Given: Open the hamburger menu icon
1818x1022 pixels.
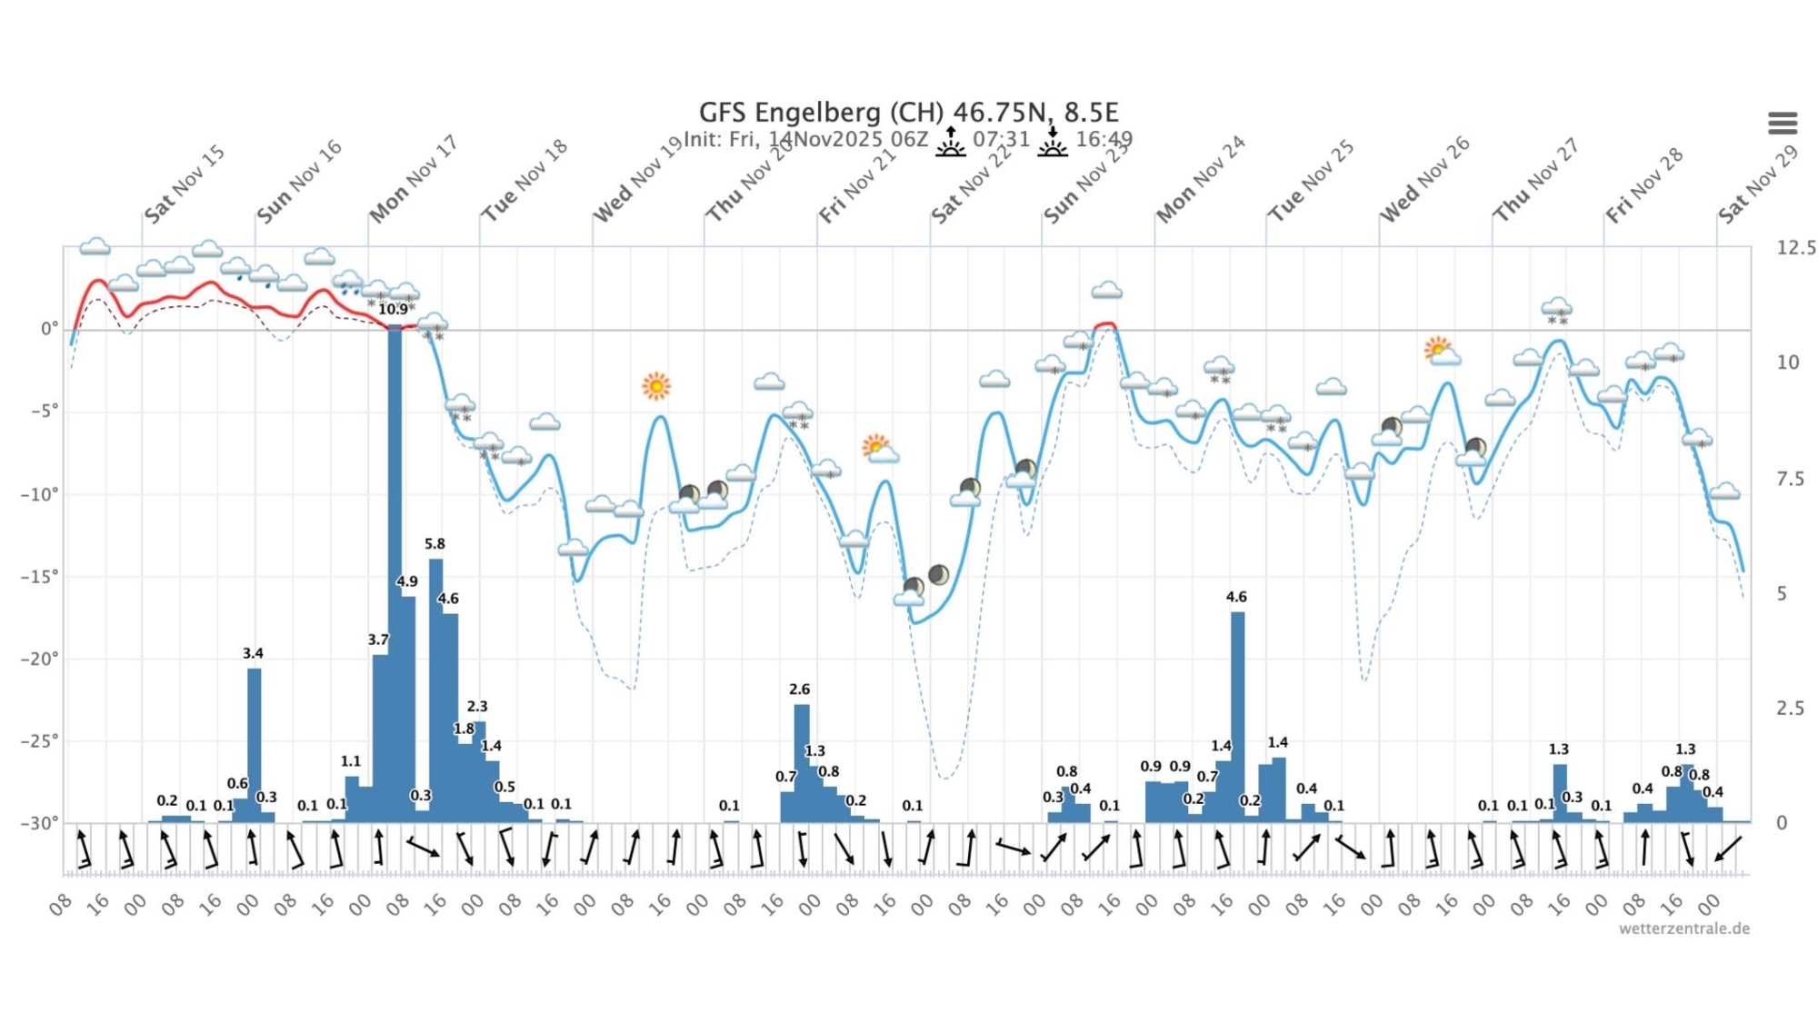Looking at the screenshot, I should coord(1782,123).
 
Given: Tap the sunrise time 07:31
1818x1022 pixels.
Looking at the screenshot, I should coord(1001,140).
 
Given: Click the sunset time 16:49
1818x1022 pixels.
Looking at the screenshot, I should coord(1104,140).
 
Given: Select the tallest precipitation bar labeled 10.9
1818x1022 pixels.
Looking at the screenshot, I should coord(395,572).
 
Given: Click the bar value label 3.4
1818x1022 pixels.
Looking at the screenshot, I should coord(253,653).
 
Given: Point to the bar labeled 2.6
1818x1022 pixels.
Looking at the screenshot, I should coord(801,763).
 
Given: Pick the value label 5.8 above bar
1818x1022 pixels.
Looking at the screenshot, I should coord(435,544).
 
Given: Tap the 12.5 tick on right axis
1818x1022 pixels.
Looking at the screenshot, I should coord(1795,248).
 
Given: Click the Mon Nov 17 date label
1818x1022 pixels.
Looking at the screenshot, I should coord(413,180).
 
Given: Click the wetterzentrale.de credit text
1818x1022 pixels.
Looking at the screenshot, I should coord(1683,928).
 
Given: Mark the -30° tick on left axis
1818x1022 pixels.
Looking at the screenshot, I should coord(40,823).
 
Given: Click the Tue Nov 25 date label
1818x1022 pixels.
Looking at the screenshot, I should coord(1310,182).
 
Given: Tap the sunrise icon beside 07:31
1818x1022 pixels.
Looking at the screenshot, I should coord(951,142).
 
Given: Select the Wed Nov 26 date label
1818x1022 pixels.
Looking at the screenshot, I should coord(1423,181).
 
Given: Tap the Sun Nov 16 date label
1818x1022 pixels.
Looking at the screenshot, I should coord(299,182).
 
